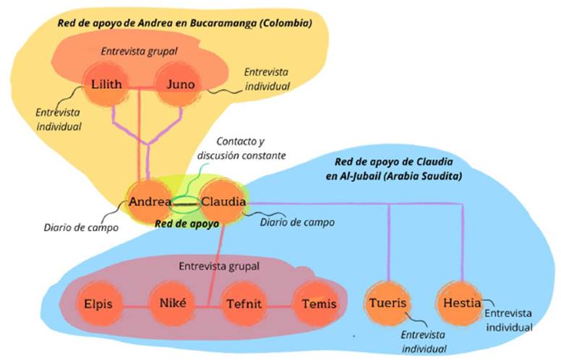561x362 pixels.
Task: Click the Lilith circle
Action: click(x=106, y=85)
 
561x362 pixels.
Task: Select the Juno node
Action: click(x=180, y=85)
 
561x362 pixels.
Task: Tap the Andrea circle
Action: click(x=149, y=202)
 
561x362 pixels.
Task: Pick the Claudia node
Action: click(x=223, y=202)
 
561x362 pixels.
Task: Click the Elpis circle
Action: click(x=98, y=303)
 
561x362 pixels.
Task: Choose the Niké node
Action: click(x=173, y=303)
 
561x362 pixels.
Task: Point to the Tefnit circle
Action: click(x=244, y=303)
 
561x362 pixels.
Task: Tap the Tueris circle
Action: click(x=387, y=303)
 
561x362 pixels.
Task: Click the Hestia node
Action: click(x=461, y=303)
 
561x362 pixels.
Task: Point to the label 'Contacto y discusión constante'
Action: click(x=241, y=148)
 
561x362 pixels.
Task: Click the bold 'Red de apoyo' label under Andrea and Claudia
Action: click(x=187, y=224)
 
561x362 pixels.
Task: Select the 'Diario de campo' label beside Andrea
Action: click(x=81, y=228)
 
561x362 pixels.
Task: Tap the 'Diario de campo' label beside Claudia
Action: click(x=297, y=222)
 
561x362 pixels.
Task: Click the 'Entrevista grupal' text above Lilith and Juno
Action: click(x=140, y=51)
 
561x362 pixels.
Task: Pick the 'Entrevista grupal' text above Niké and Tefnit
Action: click(x=219, y=267)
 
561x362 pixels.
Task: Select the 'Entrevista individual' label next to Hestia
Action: click(x=509, y=320)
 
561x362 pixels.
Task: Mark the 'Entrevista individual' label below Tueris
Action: click(x=423, y=342)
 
